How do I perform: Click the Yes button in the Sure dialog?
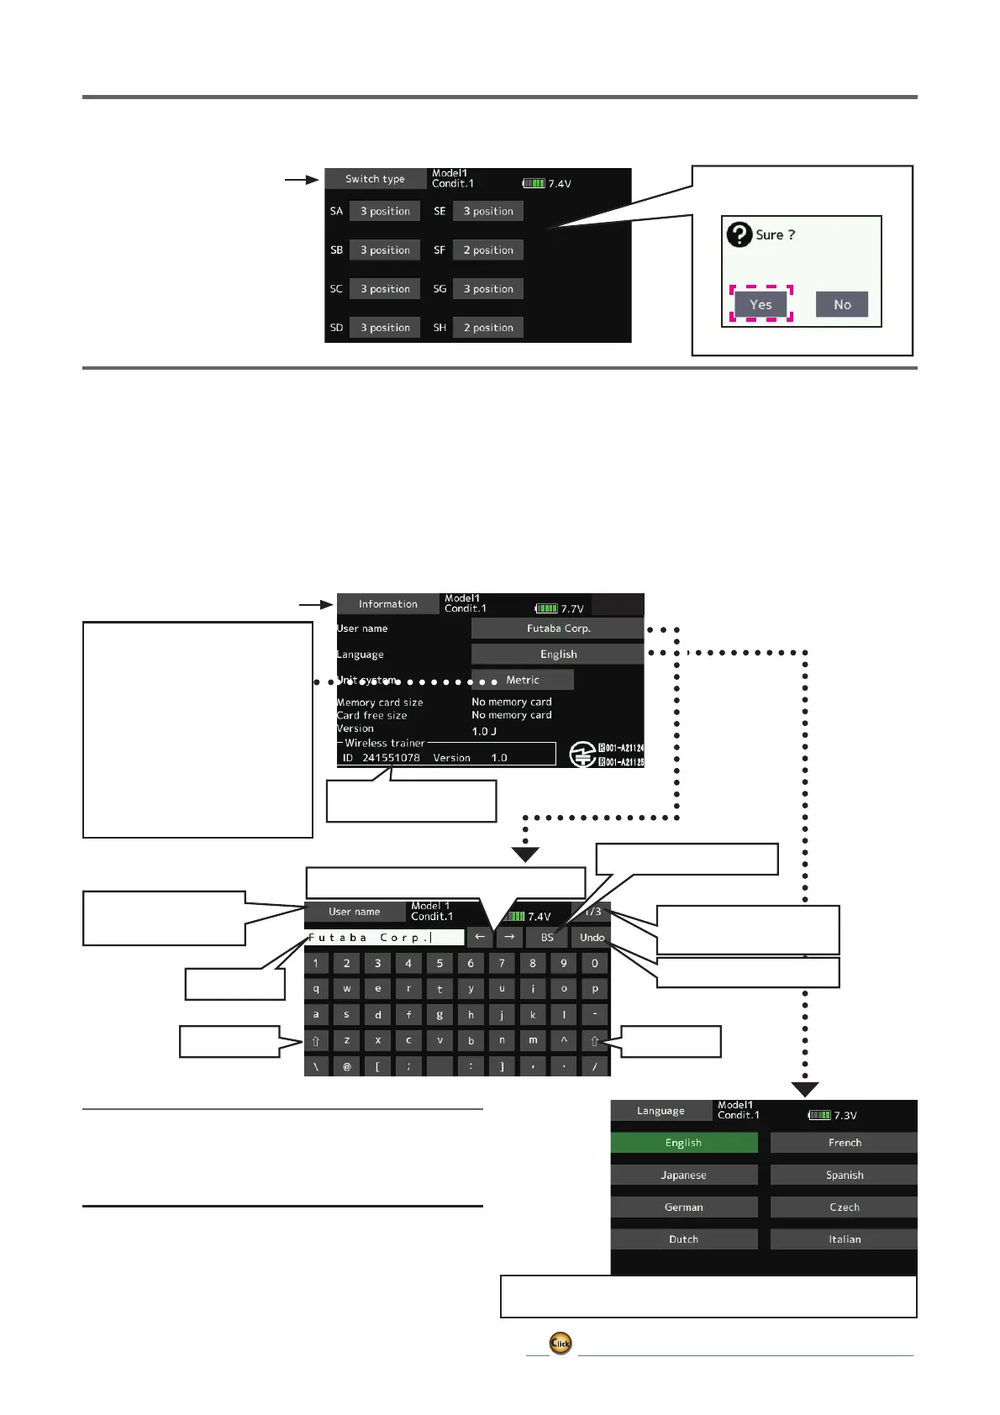tap(761, 304)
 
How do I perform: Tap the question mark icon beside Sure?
tap(739, 234)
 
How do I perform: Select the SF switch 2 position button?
tap(488, 250)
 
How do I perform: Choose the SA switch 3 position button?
tap(385, 212)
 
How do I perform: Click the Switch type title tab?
tap(375, 179)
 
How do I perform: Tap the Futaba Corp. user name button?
tap(558, 629)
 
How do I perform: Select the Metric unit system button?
tap(523, 680)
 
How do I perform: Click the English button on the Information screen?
tap(558, 655)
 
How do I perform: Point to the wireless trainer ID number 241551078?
tap(391, 758)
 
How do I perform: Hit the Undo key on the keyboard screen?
tap(592, 938)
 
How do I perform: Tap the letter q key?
tap(316, 989)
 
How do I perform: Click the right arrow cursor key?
tap(509, 937)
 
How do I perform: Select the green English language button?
tap(683, 1143)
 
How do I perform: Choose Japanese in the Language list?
tap(683, 1176)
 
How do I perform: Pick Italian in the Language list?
tap(844, 1239)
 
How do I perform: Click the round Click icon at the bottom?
tap(561, 1343)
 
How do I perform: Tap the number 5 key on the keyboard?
tap(439, 964)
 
